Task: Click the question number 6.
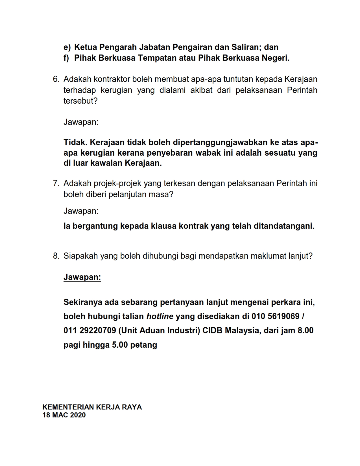point(56,79)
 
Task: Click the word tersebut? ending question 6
point(80,101)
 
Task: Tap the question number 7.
point(56,184)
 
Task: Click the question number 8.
point(56,256)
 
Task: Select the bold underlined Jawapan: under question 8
point(82,277)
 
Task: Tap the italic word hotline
point(160,316)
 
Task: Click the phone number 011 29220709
point(90,330)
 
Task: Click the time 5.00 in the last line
point(120,345)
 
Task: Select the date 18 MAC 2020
point(64,415)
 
